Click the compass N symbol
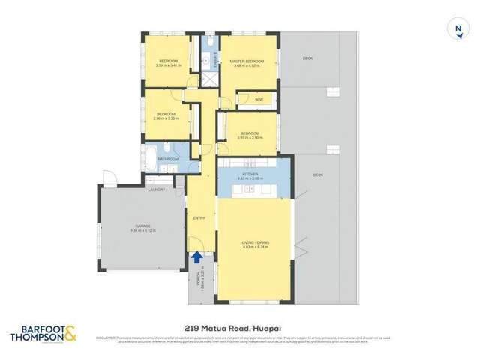pos(457,30)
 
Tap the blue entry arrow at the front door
pos(196,257)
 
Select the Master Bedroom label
pos(247,61)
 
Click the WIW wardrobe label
pos(258,98)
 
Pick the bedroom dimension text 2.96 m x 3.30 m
pos(166,118)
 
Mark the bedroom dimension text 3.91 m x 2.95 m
pos(250,137)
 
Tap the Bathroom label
pos(168,159)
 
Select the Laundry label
pos(157,190)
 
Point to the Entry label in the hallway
pos(199,217)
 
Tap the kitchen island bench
pos(253,193)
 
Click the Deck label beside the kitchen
pos(317,175)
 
